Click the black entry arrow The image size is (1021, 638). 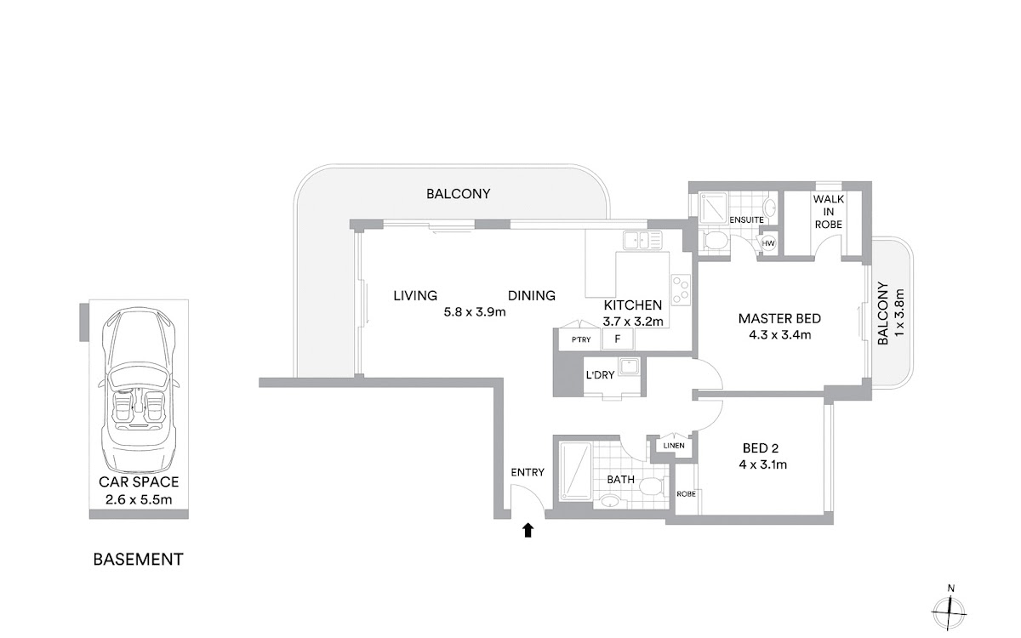click(x=528, y=531)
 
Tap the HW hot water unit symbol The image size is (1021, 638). click(x=768, y=243)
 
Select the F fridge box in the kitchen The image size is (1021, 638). click(x=618, y=339)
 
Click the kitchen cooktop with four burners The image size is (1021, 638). click(x=680, y=290)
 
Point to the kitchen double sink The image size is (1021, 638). click(x=642, y=240)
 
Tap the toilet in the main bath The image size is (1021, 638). click(x=653, y=487)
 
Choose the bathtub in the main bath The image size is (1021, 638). click(x=576, y=470)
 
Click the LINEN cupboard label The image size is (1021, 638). click(x=674, y=446)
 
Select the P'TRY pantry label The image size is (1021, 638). click(x=580, y=339)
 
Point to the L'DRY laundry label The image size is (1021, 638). click(x=601, y=375)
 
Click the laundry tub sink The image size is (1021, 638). click(x=630, y=366)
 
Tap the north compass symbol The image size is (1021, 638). click(x=949, y=612)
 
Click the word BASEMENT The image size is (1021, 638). click(x=138, y=559)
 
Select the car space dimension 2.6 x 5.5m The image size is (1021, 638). click(x=139, y=500)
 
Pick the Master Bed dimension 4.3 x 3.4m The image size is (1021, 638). click(x=780, y=335)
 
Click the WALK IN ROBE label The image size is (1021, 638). click(x=829, y=212)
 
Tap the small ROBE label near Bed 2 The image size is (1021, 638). click(x=686, y=494)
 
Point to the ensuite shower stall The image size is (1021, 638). click(x=713, y=212)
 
